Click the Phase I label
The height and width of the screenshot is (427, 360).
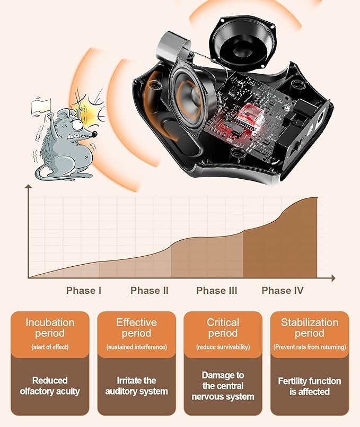coord(84,291)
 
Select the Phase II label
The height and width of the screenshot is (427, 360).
coord(150,291)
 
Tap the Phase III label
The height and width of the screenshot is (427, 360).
coord(217,291)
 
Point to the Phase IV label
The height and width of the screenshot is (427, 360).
coord(283,291)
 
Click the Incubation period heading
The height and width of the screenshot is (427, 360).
coord(50,328)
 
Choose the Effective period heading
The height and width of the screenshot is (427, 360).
coord(137,328)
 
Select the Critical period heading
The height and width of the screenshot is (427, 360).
coord(223,328)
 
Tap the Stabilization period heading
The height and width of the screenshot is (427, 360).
coord(310,328)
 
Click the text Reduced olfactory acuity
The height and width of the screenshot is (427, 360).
coord(50,386)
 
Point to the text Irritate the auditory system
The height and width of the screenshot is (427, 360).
coord(137,386)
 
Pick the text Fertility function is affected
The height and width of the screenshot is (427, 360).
coord(310,386)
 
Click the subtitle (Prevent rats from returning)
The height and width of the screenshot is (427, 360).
coord(310,347)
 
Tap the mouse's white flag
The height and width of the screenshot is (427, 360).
coord(41,107)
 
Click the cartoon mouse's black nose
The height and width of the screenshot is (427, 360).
coord(94,134)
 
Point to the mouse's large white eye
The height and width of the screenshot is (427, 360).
coord(77,125)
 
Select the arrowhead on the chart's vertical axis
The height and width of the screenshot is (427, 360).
coord(28,187)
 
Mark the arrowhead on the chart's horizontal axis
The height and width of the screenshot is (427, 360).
coord(333,278)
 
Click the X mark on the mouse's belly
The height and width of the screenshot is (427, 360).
coord(86,158)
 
